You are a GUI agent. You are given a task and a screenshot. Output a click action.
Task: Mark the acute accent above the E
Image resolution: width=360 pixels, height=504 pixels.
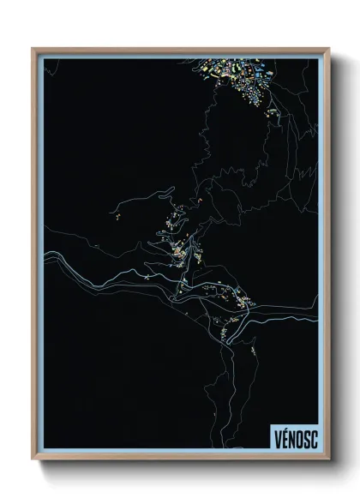tap(285, 430)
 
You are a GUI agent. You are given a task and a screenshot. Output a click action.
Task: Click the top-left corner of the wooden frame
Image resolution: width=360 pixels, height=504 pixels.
tap(33, 49)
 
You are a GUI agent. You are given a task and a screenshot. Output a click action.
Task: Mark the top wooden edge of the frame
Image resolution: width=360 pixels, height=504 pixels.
tap(180, 49)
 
